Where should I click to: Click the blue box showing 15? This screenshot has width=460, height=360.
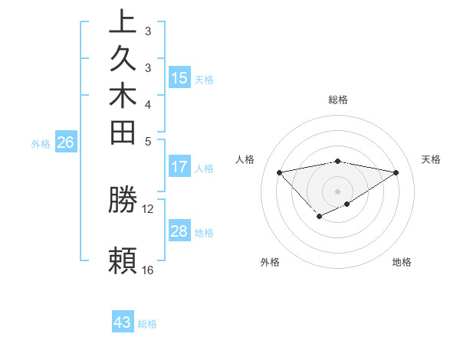coord(179,77)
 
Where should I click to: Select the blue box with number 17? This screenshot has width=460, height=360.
coord(179,167)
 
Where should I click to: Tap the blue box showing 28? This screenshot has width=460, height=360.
coord(179,231)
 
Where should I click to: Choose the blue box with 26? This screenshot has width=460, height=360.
coord(66,142)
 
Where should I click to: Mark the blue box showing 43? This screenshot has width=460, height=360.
coord(123,322)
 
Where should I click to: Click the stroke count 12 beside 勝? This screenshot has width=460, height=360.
coord(147,208)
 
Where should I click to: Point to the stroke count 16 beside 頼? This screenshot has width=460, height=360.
coord(147,270)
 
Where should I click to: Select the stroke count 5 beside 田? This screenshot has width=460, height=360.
coord(147,141)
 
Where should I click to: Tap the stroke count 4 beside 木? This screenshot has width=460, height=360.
coord(147,103)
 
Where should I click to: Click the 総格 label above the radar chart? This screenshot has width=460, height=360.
coord(338,100)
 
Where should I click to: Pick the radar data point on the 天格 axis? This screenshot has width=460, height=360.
coord(396,172)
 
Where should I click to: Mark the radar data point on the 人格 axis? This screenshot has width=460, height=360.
coord(279,172)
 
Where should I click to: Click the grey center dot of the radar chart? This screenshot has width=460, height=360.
coord(338,191)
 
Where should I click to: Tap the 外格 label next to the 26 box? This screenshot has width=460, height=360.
coord(41,142)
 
